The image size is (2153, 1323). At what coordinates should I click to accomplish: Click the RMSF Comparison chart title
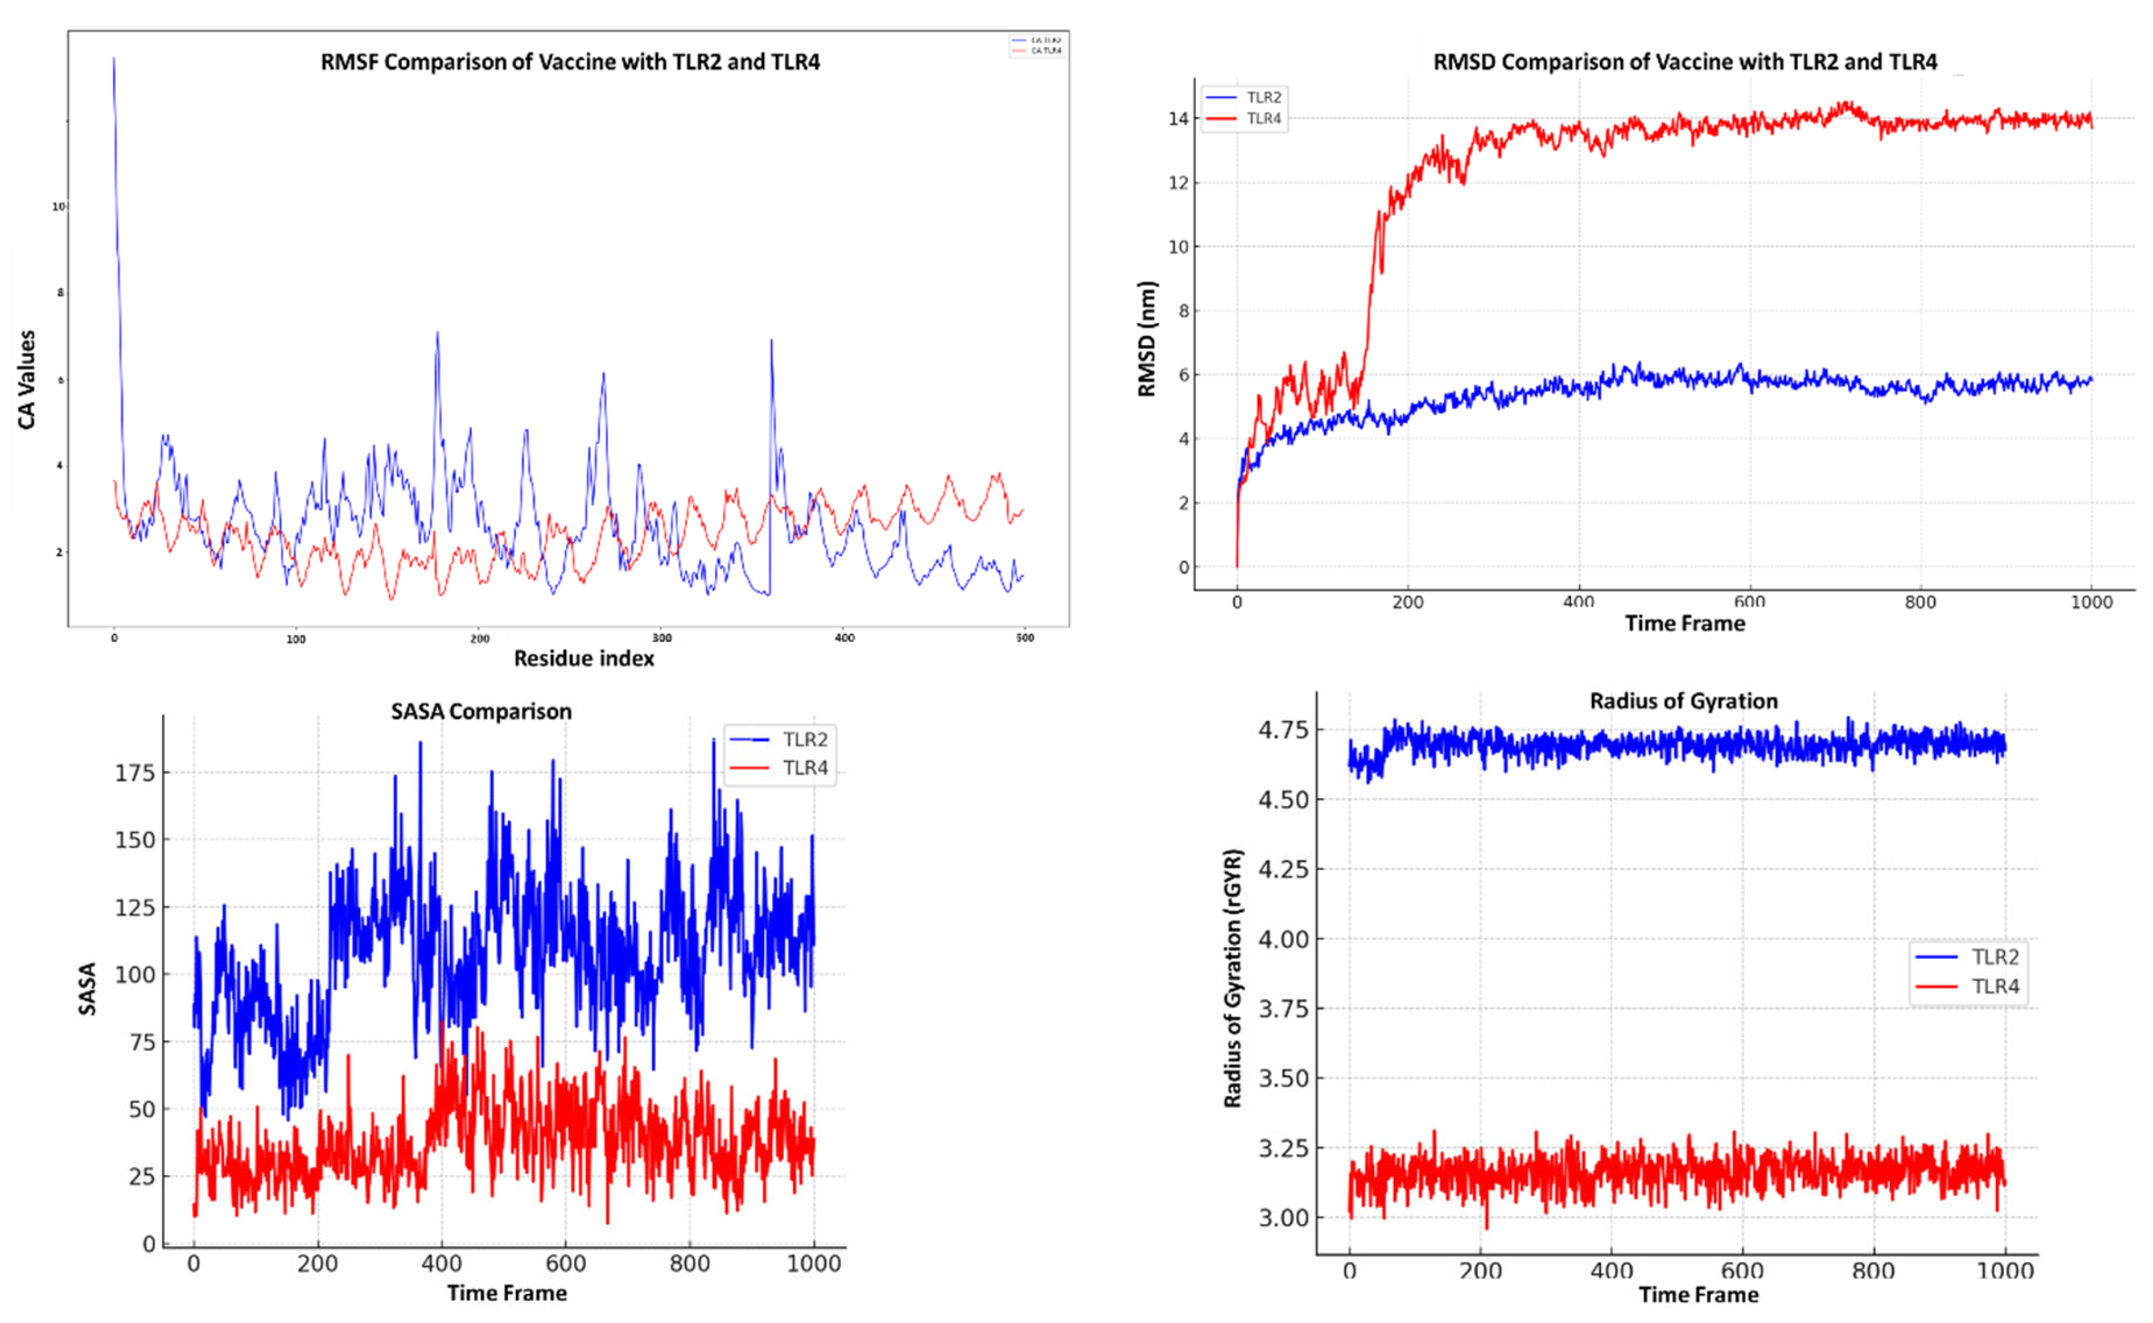click(570, 62)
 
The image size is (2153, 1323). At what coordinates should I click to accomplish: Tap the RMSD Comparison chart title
click(1684, 62)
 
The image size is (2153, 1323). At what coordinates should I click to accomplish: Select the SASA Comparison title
click(481, 711)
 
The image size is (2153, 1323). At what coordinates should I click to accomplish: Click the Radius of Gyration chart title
click(1683, 701)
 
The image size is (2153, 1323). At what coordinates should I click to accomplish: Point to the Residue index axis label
click(584, 658)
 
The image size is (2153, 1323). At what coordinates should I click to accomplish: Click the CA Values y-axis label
click(27, 379)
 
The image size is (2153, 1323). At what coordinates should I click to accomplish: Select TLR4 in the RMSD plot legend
click(1263, 118)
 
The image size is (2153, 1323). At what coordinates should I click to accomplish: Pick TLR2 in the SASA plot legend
click(804, 739)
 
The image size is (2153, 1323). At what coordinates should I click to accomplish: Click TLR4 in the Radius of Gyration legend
click(1995, 986)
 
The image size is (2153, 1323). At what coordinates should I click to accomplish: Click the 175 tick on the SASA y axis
click(135, 773)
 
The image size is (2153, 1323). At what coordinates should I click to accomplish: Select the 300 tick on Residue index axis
click(661, 638)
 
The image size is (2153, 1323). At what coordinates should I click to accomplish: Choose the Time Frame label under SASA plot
click(507, 1292)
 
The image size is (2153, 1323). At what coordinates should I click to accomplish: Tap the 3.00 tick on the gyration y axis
click(1283, 1217)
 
